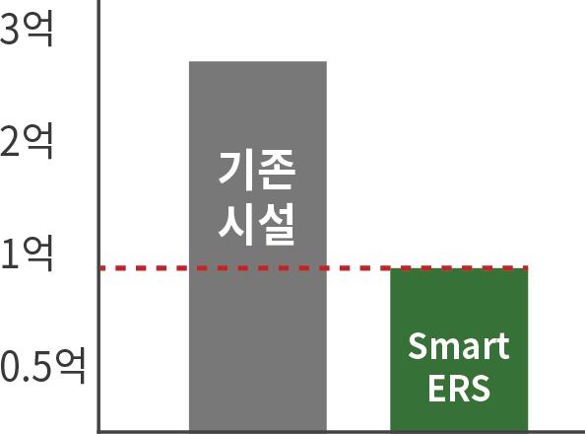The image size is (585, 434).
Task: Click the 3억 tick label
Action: click(27, 29)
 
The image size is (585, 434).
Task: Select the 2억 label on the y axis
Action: click(27, 141)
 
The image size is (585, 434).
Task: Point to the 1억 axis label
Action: click(27, 253)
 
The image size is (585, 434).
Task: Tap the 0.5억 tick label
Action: click(42, 366)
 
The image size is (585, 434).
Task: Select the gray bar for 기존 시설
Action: click(258, 246)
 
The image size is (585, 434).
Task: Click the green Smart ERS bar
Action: click(459, 349)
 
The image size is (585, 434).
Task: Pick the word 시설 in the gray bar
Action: click(257, 224)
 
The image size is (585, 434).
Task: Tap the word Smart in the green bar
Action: click(459, 346)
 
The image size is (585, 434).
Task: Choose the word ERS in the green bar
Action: click(459, 388)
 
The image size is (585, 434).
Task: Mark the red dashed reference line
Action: click(313, 268)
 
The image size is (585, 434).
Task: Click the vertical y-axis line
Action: click(98, 216)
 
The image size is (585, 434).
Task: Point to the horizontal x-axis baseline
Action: click(341, 432)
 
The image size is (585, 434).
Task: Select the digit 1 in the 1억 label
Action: click(11, 254)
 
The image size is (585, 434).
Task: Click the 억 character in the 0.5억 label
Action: click(71, 366)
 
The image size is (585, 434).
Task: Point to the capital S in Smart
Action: click(418, 346)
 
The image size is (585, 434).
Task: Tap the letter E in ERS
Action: click(437, 388)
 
